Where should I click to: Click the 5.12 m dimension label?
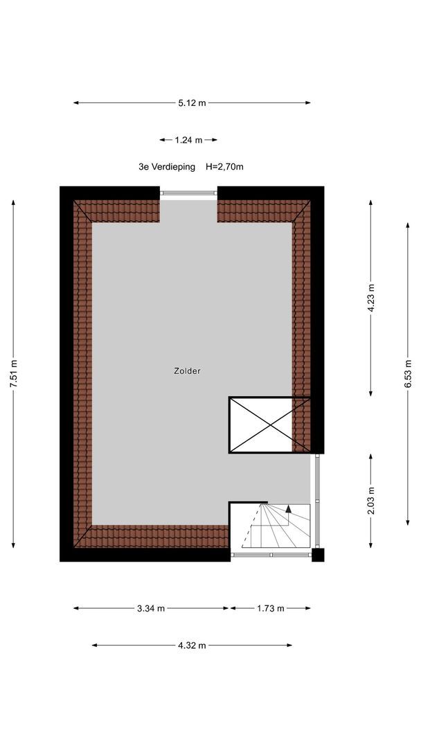(x=192, y=103)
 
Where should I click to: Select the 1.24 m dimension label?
(x=188, y=140)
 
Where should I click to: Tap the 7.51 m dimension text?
(x=13, y=374)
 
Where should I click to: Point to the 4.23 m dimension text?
(x=371, y=298)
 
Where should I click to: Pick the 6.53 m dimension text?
(x=408, y=374)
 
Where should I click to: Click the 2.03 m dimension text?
(x=371, y=501)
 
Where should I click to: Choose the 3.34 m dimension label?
(x=151, y=608)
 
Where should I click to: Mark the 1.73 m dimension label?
(x=270, y=608)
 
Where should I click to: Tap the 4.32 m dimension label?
(x=192, y=645)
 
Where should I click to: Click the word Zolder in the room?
(x=187, y=371)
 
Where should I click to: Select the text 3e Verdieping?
(x=167, y=167)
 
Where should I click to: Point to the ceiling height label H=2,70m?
(x=224, y=167)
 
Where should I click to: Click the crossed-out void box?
(x=270, y=425)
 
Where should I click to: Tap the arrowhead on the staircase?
(x=289, y=508)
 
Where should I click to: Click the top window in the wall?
(x=188, y=193)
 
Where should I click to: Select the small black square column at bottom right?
(x=318, y=555)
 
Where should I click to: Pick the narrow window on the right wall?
(x=317, y=501)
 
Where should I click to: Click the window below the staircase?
(x=271, y=555)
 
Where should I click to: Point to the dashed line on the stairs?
(x=252, y=525)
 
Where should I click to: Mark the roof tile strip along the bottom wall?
(x=152, y=536)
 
